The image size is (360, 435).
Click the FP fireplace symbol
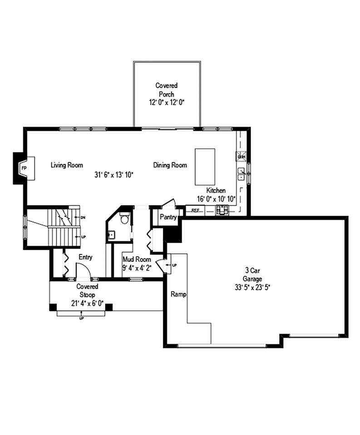(24, 167)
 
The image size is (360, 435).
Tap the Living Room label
(67, 165)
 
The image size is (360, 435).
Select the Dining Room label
(170, 165)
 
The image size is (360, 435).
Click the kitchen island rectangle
(204, 166)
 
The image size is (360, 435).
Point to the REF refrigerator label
(195, 210)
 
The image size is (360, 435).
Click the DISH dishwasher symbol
(241, 156)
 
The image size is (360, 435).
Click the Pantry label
(168, 217)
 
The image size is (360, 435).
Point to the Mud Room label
(137, 259)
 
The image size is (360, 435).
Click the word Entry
(85, 257)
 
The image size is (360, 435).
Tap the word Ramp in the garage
(178, 294)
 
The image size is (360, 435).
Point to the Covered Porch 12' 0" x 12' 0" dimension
(166, 103)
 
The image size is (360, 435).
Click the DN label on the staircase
(83, 218)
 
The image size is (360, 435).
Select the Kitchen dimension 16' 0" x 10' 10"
(216, 199)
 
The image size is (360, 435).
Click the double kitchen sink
(241, 174)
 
